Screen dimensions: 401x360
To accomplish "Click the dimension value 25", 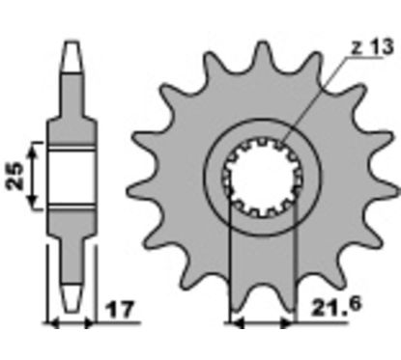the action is coord(15,176).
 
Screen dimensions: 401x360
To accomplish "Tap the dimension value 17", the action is coord(119,309).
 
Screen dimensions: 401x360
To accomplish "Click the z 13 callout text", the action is coord(372,47).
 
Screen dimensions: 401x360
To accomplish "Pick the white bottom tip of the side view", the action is coord(72,297).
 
